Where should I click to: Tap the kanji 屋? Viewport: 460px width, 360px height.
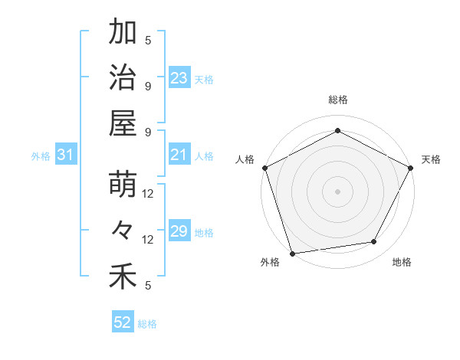tap(123, 123)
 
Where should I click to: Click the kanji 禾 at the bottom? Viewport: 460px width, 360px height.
tap(123, 277)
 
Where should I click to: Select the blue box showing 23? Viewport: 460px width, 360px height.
tap(179, 78)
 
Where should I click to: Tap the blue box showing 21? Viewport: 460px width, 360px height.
tap(179, 155)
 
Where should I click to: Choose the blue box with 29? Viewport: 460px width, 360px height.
tap(179, 232)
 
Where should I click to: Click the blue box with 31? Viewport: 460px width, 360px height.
tap(66, 155)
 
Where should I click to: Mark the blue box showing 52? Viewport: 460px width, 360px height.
tap(123, 322)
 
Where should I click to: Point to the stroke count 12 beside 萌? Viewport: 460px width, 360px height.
tap(148, 194)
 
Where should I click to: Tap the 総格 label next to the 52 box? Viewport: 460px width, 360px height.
tap(147, 324)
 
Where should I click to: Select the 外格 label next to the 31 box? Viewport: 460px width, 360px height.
tap(41, 156)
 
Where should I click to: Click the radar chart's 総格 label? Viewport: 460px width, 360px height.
tap(337, 100)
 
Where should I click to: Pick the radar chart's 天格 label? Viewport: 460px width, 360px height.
tap(431, 159)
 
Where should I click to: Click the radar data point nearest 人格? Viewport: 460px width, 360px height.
tap(264, 167)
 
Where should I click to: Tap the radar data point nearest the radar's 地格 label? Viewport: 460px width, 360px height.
tap(374, 242)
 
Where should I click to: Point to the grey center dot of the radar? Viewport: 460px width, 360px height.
tap(337, 191)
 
